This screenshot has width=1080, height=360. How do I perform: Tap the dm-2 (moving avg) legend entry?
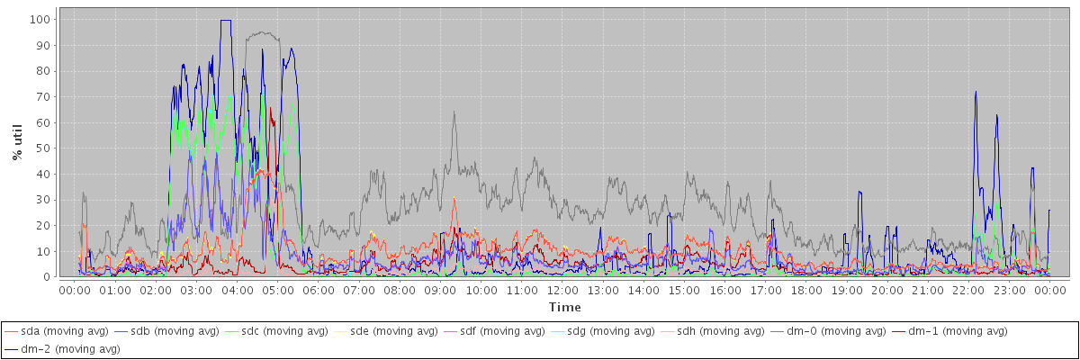(x=62, y=349)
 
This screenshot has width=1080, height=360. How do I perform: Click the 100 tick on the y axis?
(x=40, y=19)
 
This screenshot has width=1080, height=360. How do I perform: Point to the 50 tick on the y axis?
(x=43, y=148)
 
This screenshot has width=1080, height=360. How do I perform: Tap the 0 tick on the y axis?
(x=47, y=277)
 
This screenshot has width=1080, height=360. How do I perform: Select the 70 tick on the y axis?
(x=43, y=96)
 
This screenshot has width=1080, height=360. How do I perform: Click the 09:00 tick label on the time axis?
(x=439, y=291)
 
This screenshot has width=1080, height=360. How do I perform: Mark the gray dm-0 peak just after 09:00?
(x=454, y=112)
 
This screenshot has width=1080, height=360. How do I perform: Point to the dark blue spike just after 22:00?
(x=976, y=92)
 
